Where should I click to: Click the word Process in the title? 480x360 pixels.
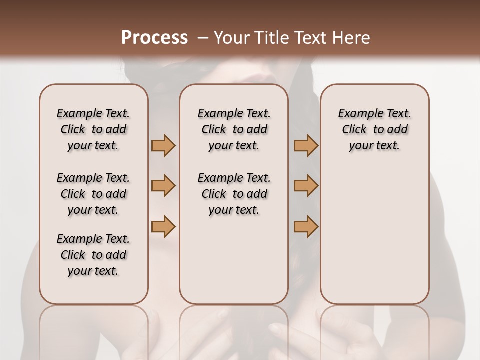(x=154, y=38)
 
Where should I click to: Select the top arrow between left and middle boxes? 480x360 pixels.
(x=163, y=145)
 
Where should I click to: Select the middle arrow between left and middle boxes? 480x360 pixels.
(x=163, y=186)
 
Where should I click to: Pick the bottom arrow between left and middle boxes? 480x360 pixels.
(x=163, y=226)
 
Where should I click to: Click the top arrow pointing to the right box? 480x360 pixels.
(x=306, y=145)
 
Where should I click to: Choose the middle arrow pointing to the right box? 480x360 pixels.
(x=306, y=186)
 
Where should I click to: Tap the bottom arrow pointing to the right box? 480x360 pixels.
(x=306, y=226)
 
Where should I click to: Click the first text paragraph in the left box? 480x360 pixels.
(x=93, y=129)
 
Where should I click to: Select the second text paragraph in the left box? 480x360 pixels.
(x=93, y=194)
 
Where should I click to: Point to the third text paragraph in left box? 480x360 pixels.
(x=93, y=255)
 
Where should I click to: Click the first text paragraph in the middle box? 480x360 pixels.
(x=234, y=129)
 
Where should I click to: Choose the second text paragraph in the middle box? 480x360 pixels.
(x=234, y=194)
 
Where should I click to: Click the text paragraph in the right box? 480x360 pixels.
(x=374, y=129)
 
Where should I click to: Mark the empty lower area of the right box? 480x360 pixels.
(x=374, y=235)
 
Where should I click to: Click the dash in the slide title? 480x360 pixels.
(x=203, y=38)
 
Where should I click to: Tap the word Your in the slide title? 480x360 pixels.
(x=232, y=38)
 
